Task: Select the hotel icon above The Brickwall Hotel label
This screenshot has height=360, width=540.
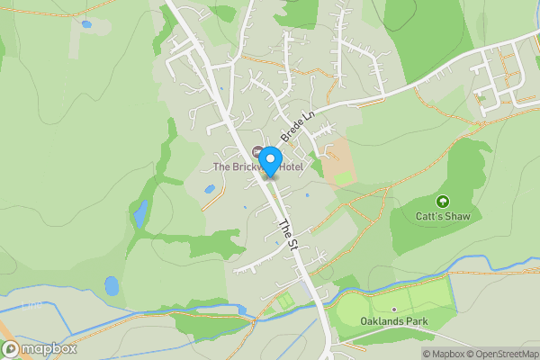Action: pos(258,151)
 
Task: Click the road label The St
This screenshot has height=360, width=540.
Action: pos(286,234)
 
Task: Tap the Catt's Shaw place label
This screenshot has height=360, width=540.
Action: pos(442,216)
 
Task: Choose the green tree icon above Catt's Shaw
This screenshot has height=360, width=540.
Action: pos(442,201)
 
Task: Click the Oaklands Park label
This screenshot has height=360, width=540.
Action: pos(393,321)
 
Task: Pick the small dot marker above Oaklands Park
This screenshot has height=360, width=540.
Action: pos(393,309)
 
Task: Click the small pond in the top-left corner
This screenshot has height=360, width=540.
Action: pos(85,24)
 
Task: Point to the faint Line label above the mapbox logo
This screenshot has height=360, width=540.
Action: pos(32,306)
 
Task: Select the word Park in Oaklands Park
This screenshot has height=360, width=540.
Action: pos(415,321)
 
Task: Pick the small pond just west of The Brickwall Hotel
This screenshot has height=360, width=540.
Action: pos(210,190)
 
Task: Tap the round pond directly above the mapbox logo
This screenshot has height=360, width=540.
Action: pos(112,286)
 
